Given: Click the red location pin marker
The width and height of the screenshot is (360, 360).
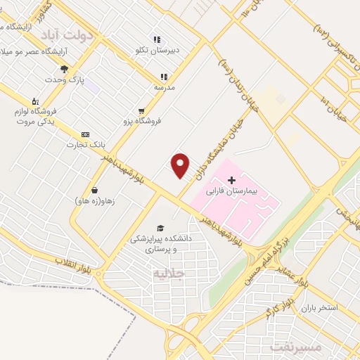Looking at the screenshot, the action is (181, 165).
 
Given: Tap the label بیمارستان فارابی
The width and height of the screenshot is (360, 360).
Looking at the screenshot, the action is (232, 191).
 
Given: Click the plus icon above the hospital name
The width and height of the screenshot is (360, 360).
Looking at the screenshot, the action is (232, 181).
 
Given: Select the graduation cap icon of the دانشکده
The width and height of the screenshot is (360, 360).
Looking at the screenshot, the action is (161, 229).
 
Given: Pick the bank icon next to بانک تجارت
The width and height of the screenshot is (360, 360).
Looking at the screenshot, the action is (86, 134).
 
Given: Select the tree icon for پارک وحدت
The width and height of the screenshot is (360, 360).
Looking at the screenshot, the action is (64, 69).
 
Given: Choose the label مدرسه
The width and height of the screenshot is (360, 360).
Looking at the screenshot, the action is (164, 87).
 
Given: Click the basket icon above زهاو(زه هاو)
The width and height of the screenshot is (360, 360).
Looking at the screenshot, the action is (94, 190).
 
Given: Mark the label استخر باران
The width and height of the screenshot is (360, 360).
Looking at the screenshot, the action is (320, 308).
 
